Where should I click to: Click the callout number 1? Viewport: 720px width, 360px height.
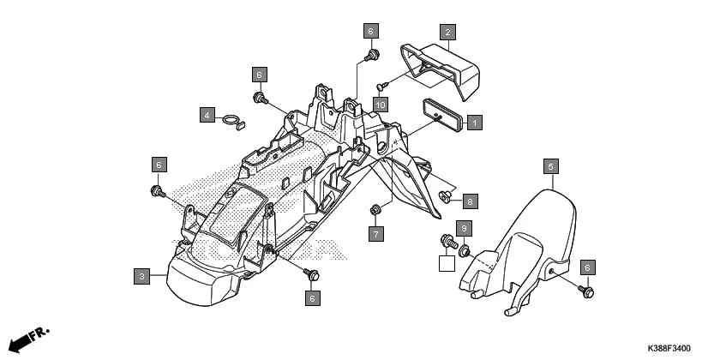[474, 123]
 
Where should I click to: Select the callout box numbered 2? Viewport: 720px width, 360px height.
[447, 33]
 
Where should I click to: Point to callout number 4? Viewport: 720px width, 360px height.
[207, 114]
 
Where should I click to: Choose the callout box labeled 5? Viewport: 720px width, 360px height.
[552, 165]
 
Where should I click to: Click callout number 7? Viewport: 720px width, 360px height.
[375, 232]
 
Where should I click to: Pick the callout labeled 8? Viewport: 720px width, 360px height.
[470, 201]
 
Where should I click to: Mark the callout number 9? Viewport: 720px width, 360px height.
[463, 228]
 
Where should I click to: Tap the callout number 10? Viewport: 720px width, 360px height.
[381, 104]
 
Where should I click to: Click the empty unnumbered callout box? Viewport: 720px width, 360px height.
[446, 263]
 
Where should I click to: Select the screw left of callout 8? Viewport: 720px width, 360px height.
[446, 198]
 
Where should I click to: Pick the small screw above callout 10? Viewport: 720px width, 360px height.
[382, 85]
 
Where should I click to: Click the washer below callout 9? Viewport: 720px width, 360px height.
[465, 250]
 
